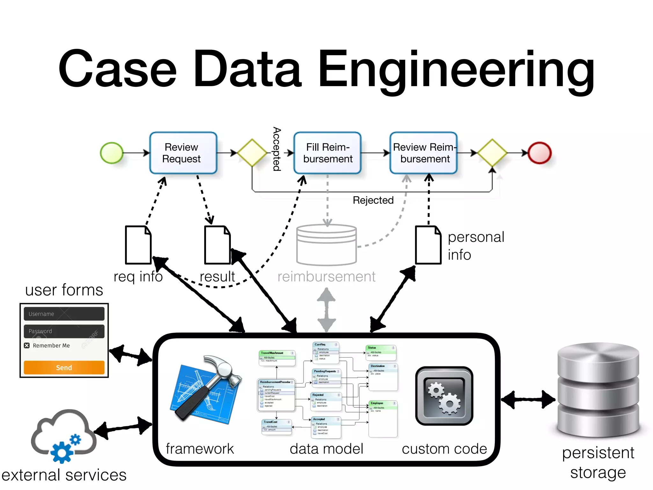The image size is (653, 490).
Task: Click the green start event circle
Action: [112, 153]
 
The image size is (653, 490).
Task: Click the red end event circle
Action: [539, 153]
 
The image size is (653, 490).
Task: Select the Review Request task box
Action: [183, 153]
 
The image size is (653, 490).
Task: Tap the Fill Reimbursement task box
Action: [327, 153]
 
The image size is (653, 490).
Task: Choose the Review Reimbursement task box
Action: [424, 153]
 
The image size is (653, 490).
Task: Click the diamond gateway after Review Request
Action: [252, 153]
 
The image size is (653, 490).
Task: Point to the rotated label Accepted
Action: [277, 149]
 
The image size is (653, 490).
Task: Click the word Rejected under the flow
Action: [373, 200]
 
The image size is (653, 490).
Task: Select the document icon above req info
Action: [138, 245]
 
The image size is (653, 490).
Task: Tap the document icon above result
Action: [217, 245]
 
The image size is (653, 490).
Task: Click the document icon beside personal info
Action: [428, 245]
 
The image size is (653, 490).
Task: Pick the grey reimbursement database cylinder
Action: [326, 245]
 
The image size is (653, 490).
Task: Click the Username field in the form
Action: [64, 314]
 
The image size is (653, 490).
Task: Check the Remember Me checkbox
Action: [27, 345]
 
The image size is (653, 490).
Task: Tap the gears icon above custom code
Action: [444, 396]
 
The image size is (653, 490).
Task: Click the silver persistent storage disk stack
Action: [598, 390]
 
